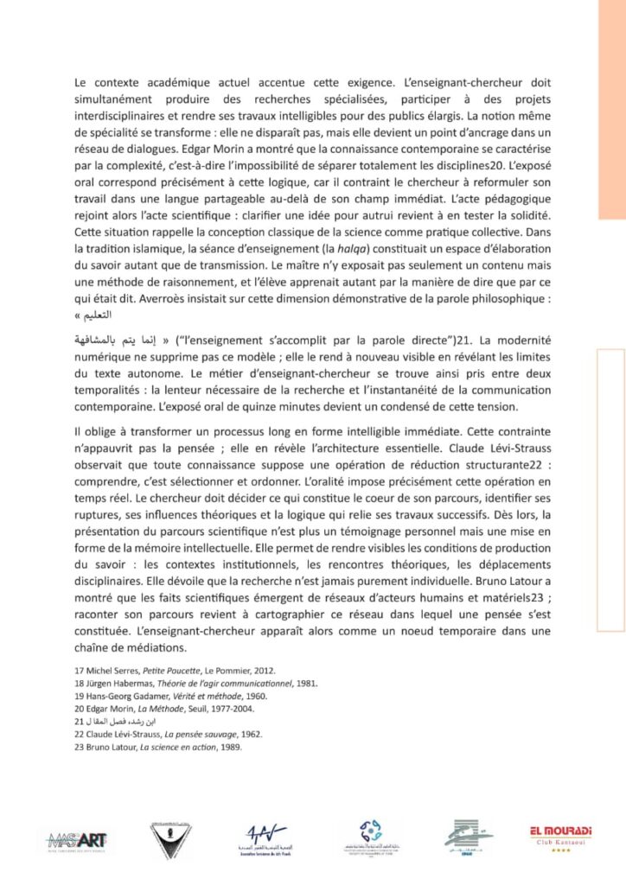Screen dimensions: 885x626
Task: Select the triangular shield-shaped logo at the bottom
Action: click(x=170, y=836)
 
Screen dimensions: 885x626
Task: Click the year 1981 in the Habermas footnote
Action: click(x=305, y=684)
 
